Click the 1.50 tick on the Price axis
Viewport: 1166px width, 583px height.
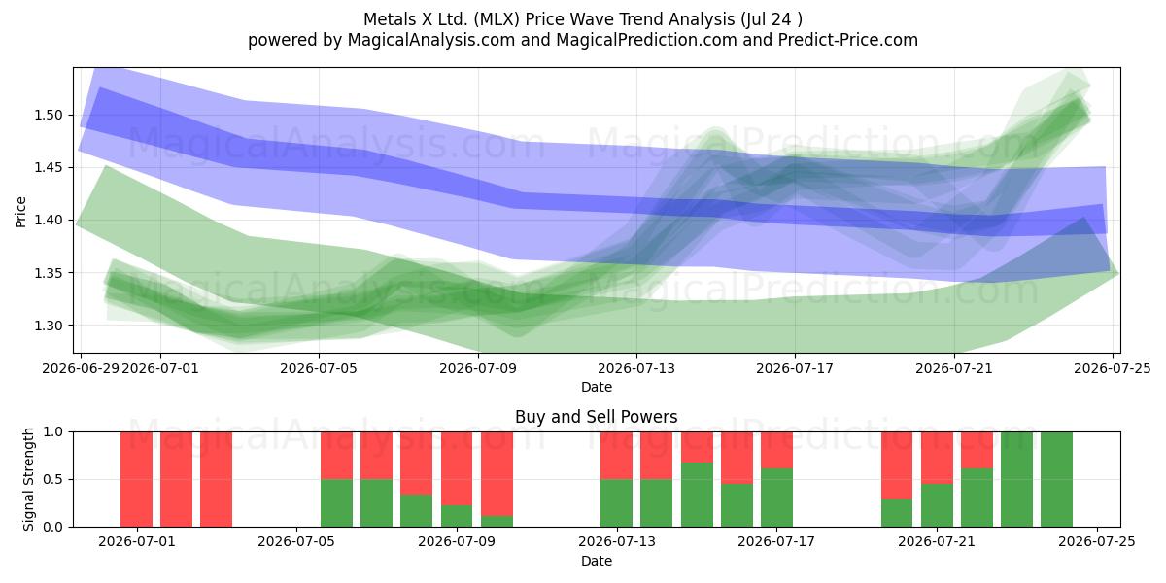[49, 115]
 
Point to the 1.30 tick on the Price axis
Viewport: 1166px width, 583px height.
[49, 326]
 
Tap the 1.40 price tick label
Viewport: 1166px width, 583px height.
[49, 221]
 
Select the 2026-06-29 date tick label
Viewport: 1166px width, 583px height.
[81, 368]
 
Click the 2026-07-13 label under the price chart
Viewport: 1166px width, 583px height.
[636, 368]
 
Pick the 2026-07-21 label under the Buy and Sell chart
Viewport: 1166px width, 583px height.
[937, 542]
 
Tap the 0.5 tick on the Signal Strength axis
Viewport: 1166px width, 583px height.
[52, 479]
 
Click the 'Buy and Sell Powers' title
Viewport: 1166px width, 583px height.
[596, 417]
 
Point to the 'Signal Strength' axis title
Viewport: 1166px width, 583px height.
[28, 479]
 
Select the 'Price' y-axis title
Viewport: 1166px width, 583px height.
[20, 212]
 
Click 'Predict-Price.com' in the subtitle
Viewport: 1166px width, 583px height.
[848, 40]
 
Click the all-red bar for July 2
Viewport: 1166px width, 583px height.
[177, 479]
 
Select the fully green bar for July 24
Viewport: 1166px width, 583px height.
[1057, 479]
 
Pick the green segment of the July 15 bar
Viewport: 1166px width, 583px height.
[697, 495]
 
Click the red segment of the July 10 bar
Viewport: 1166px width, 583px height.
[497, 474]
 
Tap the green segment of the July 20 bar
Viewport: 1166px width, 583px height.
[897, 513]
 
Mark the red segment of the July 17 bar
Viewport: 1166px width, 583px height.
[776, 450]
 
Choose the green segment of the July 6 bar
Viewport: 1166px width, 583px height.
[336, 503]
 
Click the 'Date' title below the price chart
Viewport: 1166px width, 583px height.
[596, 388]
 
